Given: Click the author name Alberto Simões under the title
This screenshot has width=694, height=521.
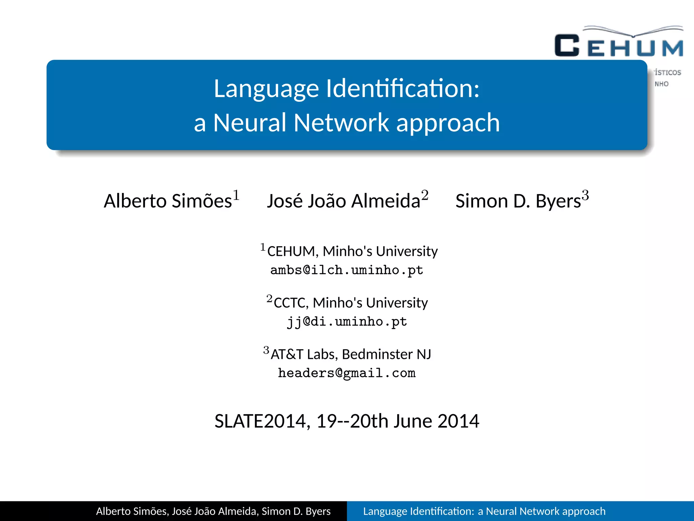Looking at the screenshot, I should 168,201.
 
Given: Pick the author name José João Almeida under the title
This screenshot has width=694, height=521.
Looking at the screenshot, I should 343,201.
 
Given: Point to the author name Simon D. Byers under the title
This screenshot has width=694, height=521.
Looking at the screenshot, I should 518,201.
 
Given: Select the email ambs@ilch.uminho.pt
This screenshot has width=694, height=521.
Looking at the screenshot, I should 347,270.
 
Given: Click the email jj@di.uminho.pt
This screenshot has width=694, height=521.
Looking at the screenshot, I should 347,322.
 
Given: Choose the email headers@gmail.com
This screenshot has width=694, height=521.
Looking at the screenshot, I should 347,373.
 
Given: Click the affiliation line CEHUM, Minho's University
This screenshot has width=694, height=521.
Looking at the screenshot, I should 352,251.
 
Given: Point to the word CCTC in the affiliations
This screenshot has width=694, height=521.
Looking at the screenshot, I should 291,303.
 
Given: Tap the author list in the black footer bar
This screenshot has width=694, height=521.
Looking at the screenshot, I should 213,511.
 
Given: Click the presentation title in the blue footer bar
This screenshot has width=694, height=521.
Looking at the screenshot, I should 484,511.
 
